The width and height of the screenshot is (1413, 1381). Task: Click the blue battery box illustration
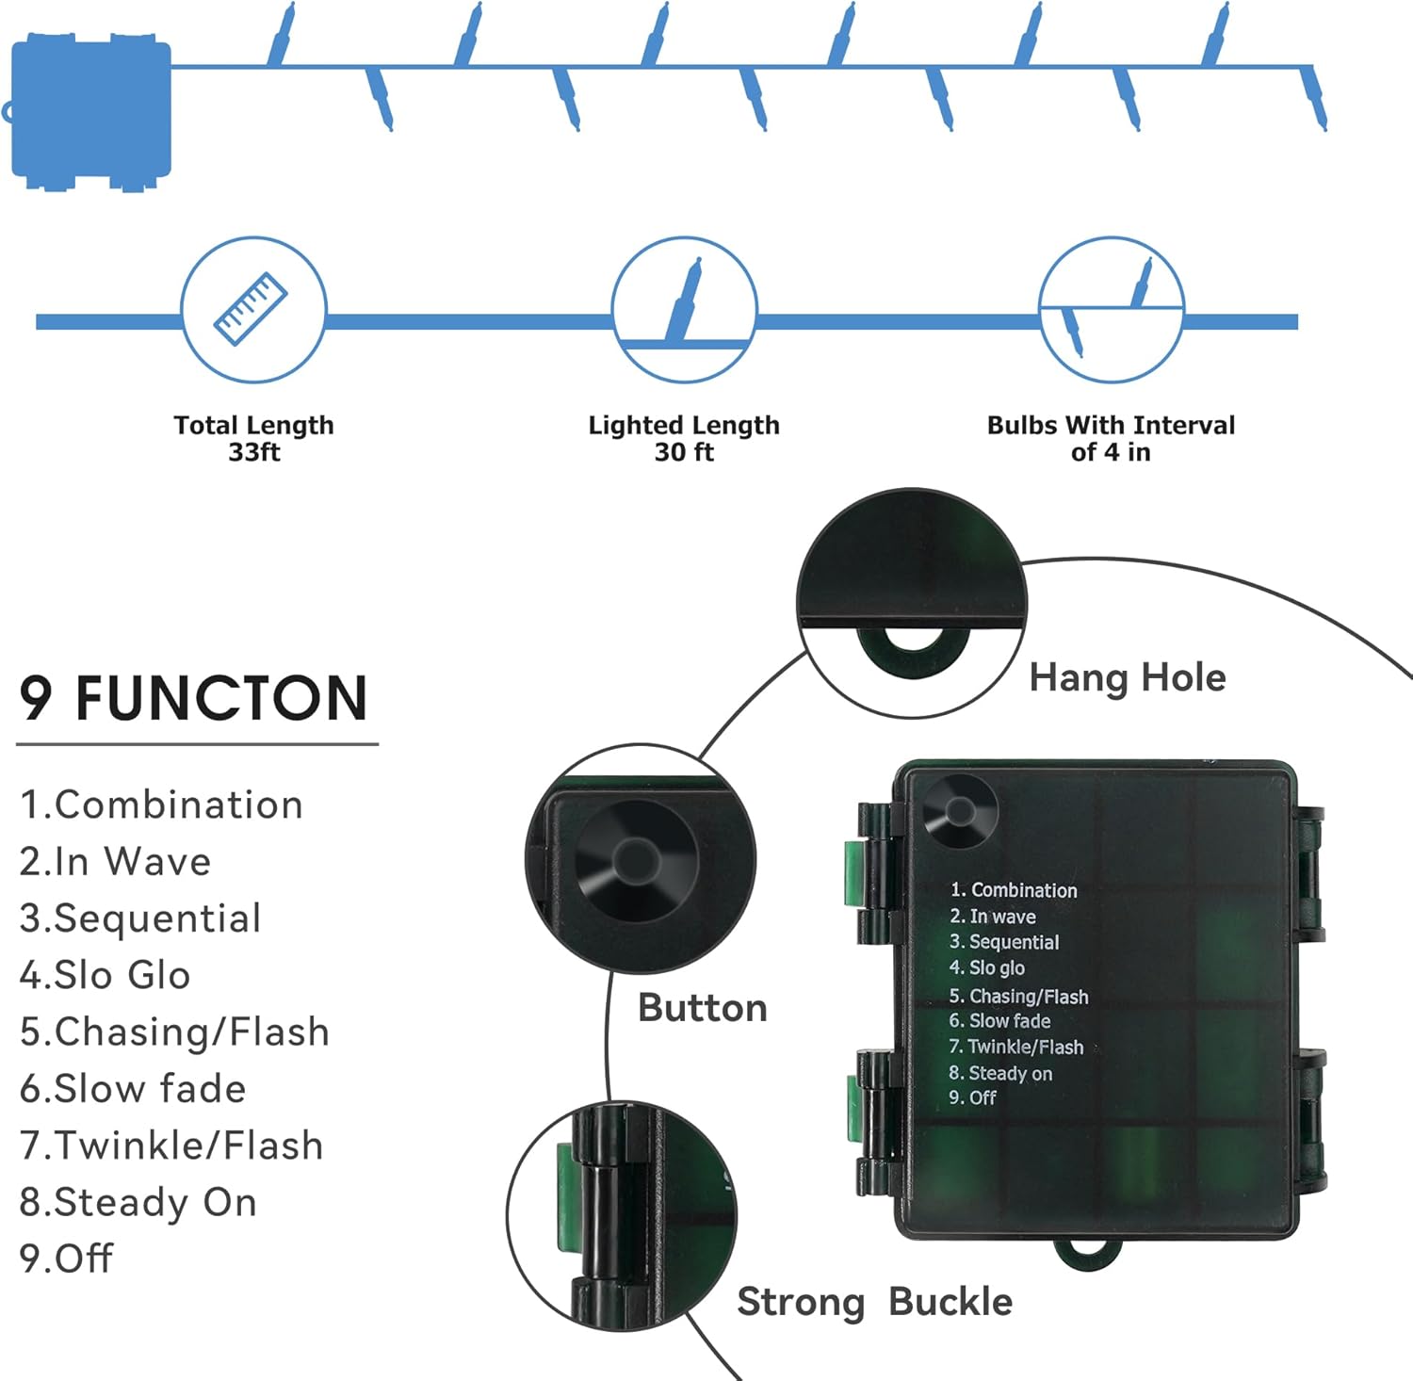coord(91,111)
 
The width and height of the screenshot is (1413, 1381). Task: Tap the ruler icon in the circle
coord(252,308)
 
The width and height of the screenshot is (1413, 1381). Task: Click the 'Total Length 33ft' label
coord(253,438)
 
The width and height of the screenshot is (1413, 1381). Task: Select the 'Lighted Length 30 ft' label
coord(684,438)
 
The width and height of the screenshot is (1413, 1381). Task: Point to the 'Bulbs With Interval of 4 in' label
coord(1111,438)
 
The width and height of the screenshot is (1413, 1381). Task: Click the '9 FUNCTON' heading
coord(193,698)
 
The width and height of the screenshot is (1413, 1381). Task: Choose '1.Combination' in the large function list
coord(161,804)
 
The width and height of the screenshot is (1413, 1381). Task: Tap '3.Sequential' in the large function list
coord(140,918)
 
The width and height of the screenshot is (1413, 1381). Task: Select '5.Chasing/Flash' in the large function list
coord(174,1032)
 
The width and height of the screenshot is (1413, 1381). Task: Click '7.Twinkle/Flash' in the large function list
coord(171,1145)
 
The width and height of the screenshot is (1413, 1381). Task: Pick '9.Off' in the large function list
coord(66,1259)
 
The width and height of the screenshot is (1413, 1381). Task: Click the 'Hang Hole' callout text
coord(1128,677)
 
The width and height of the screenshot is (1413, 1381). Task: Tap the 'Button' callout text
coord(703,1008)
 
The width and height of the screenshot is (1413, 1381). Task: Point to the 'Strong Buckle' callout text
coord(874,1302)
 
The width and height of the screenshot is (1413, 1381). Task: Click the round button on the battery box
coord(960,811)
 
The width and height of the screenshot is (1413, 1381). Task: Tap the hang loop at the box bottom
coord(1088,1252)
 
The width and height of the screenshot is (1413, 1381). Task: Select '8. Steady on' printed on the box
coord(1000,1073)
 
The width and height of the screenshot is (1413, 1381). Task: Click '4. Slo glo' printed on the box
coord(987,967)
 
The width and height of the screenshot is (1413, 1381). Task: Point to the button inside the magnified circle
coord(637,859)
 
